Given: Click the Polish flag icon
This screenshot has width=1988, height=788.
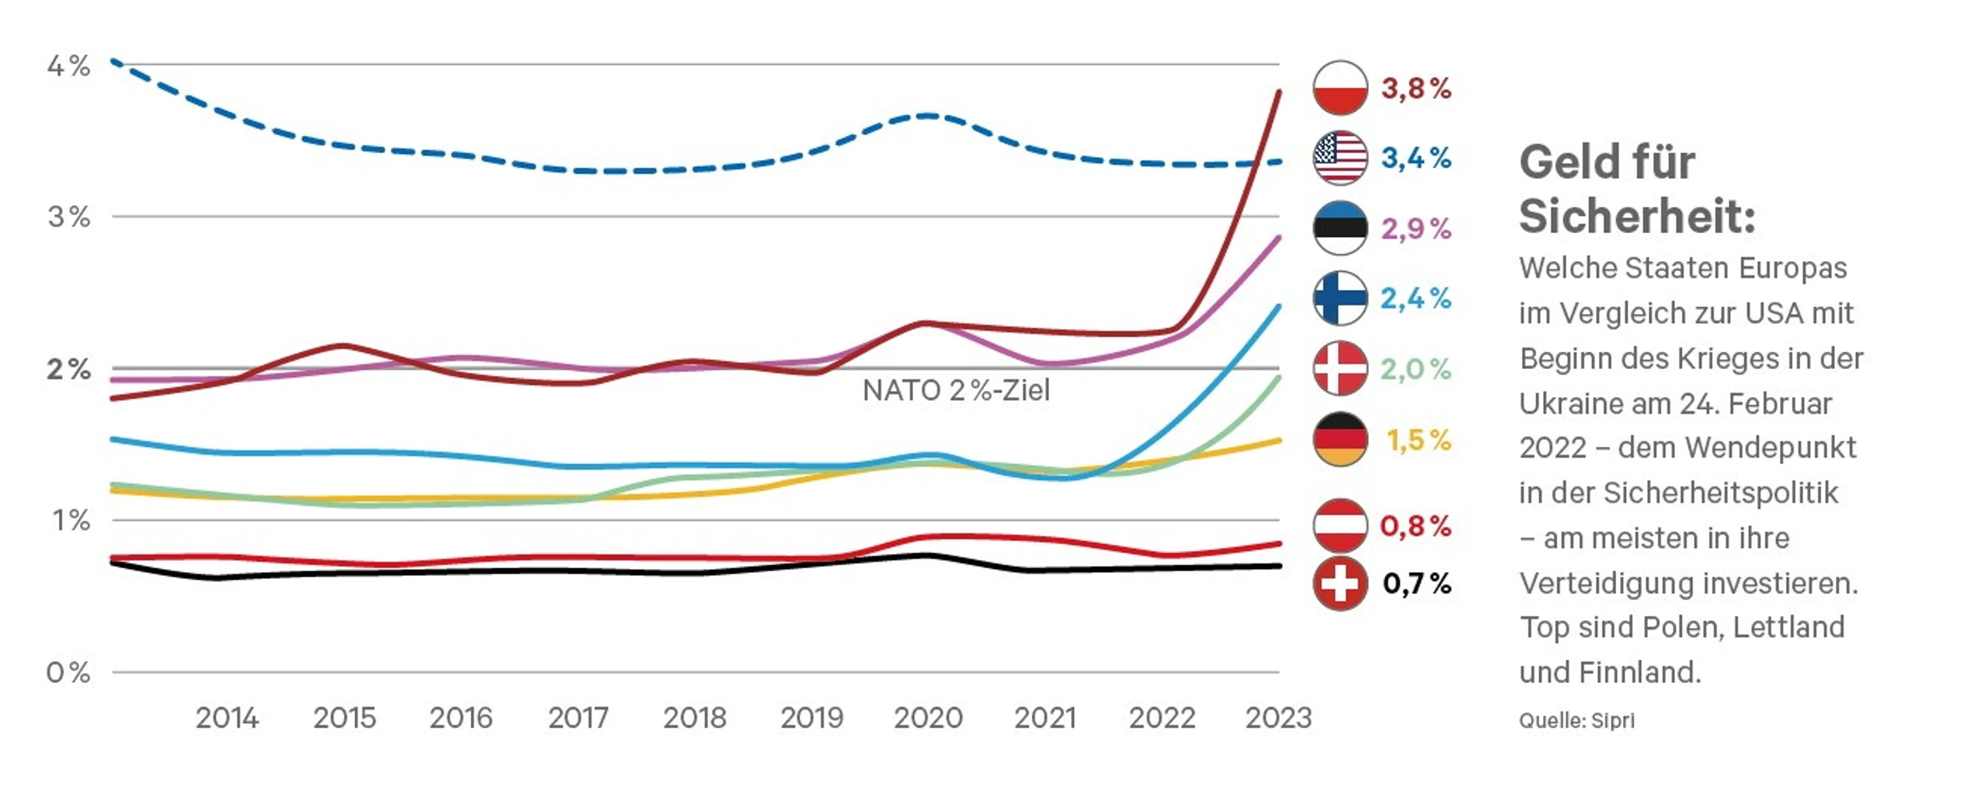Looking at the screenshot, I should click(x=1340, y=88).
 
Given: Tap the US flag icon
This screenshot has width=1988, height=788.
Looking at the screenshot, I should click(x=1340, y=158).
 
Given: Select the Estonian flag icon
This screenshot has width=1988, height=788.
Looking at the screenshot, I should click(x=1340, y=228).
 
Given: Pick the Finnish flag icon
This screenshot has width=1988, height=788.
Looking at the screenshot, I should click(x=1340, y=298).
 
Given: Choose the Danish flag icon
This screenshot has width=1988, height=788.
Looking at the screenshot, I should click(x=1340, y=368).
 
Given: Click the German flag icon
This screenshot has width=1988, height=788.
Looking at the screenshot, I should click(x=1340, y=439).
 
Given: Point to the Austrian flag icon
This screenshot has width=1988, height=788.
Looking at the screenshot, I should click(x=1340, y=525).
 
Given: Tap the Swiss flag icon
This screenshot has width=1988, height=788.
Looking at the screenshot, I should click(x=1340, y=583).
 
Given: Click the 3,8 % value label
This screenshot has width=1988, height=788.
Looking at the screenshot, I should click(x=1416, y=89).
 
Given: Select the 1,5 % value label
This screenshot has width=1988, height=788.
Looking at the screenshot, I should click(x=1418, y=440).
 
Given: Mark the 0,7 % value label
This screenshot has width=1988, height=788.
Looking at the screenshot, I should click(x=1416, y=584).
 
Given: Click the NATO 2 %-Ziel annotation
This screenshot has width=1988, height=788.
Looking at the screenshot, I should click(x=956, y=390).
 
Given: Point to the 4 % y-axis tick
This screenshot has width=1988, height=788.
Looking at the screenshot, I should click(x=68, y=66).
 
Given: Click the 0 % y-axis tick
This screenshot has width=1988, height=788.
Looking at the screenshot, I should click(x=68, y=672).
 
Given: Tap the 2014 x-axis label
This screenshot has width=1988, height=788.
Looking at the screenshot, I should click(x=227, y=718).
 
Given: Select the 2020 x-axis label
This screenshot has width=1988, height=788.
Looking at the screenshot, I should click(x=928, y=718).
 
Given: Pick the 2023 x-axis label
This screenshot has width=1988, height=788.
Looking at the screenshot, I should click(x=1278, y=718).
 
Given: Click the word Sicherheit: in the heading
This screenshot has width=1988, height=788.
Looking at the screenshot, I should click(x=1637, y=215).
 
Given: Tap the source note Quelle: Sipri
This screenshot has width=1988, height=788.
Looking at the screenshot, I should click(x=1576, y=720).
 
